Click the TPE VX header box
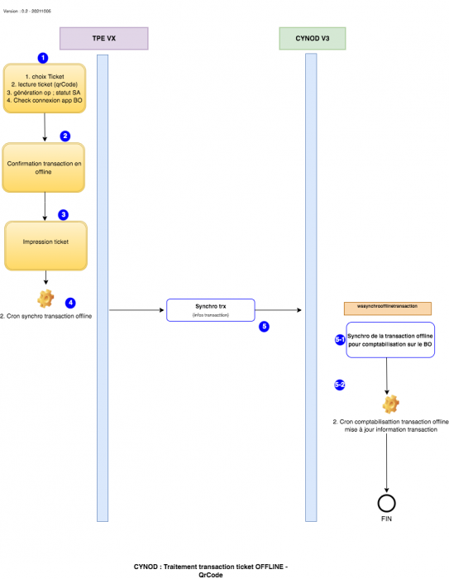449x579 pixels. (x=103, y=38)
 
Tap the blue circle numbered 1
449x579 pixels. (x=43, y=58)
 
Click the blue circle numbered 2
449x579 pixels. (x=65, y=136)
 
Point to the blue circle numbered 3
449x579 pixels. (x=63, y=214)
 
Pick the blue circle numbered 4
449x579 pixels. (x=70, y=303)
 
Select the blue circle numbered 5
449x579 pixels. (x=264, y=327)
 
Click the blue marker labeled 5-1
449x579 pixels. (x=339, y=340)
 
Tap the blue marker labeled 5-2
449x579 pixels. (x=339, y=385)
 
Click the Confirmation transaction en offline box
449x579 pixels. (x=45, y=167)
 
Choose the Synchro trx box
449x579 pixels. (x=211, y=310)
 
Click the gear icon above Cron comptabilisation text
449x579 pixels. (x=390, y=404)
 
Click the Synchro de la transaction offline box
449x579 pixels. (x=390, y=340)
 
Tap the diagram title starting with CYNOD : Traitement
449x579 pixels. (x=211, y=570)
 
